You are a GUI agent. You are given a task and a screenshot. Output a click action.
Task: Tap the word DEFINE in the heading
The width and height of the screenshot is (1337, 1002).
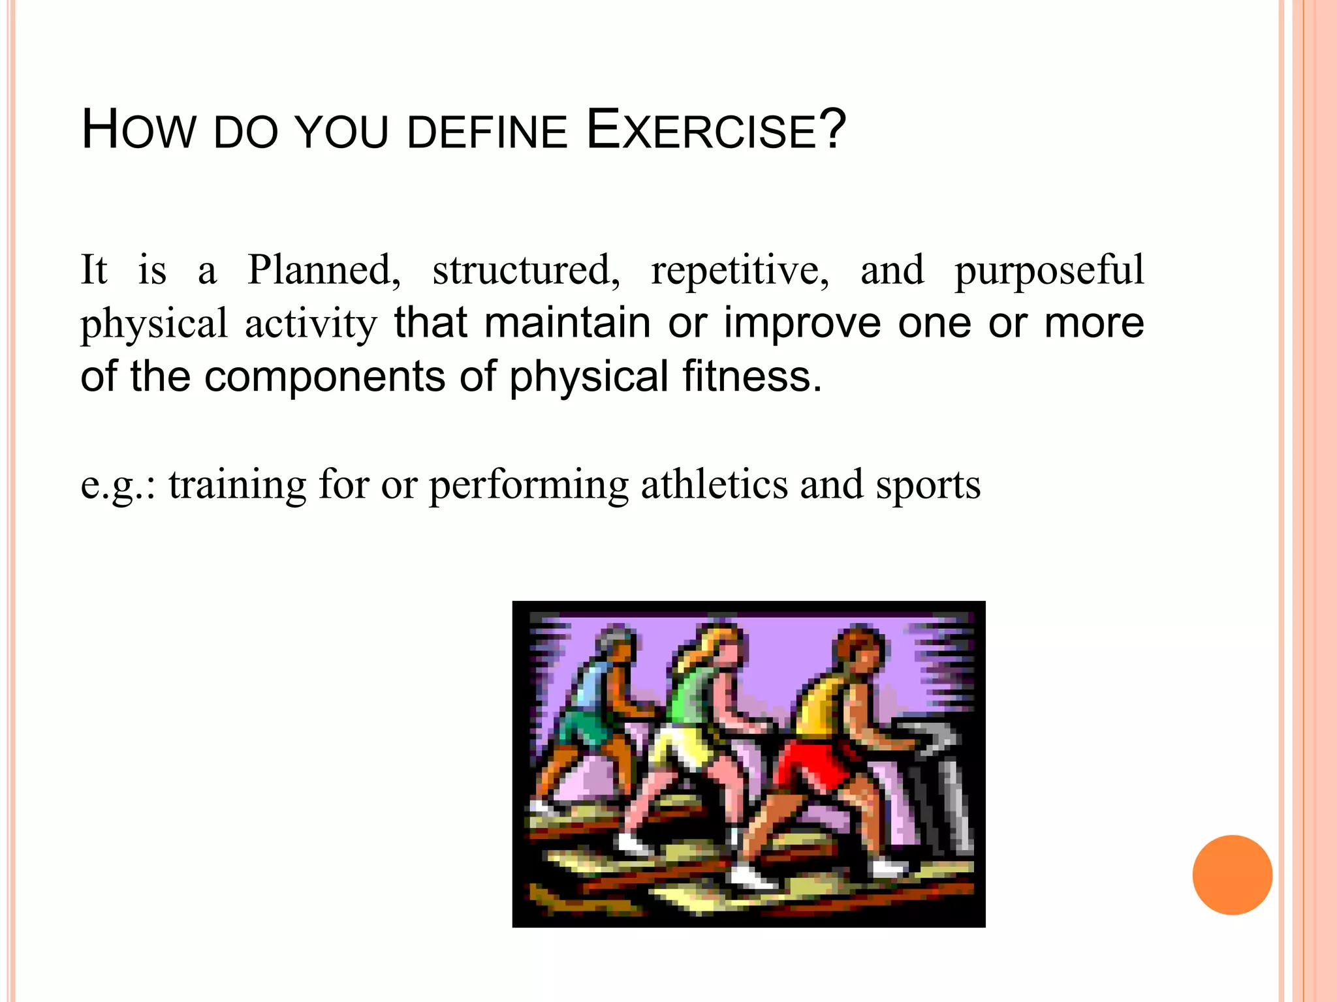tap(487, 132)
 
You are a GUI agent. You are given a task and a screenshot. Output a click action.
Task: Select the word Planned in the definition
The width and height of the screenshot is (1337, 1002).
tap(323, 270)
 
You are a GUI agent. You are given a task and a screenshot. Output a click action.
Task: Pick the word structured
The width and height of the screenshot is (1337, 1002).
tap(526, 270)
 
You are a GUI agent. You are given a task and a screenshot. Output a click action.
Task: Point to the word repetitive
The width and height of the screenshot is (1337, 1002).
tap(740, 270)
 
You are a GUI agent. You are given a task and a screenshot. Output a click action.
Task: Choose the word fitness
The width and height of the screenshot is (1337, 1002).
tap(751, 376)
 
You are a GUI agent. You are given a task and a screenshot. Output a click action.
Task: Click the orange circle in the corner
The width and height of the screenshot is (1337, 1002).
tap(1232, 875)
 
